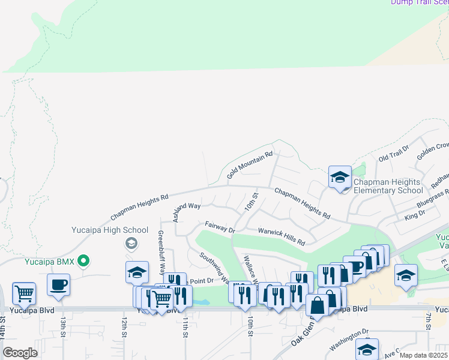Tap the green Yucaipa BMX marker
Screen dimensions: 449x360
84,260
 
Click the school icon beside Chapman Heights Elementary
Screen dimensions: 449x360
340,177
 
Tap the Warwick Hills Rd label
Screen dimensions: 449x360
282,236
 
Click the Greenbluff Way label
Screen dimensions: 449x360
161,252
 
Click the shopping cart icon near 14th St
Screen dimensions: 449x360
24,293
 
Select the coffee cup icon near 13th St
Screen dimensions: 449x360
58,285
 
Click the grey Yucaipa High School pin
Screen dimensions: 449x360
130,243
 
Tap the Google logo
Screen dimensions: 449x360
20,353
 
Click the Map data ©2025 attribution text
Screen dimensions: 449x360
424,355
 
